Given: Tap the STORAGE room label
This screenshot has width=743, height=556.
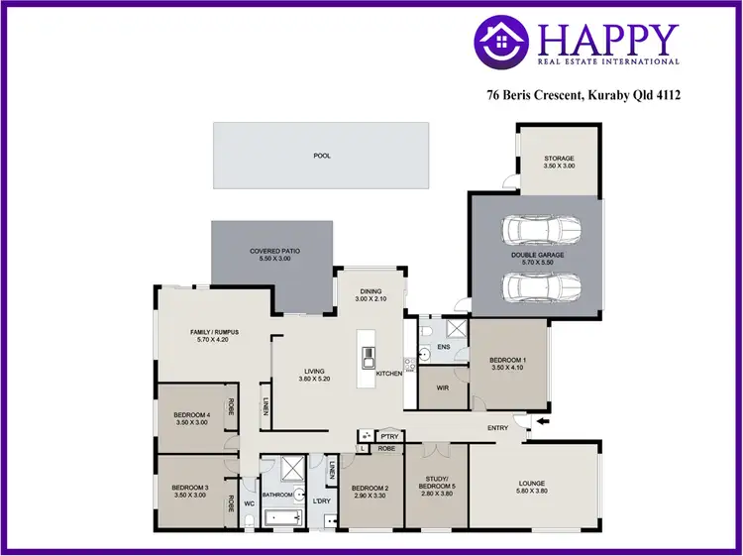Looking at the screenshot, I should click(x=558, y=159).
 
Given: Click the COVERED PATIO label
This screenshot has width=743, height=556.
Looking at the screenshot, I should click(x=274, y=252).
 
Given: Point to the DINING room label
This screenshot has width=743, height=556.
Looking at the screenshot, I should click(x=369, y=290).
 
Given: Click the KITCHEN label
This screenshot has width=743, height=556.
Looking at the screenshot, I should click(x=388, y=374).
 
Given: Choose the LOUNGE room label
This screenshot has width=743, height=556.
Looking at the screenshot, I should click(x=532, y=485).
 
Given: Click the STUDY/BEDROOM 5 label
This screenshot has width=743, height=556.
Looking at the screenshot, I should click(x=437, y=483).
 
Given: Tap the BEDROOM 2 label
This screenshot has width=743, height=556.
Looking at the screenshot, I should click(x=371, y=488).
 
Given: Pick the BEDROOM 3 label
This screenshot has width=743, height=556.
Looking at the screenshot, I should click(x=190, y=490).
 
